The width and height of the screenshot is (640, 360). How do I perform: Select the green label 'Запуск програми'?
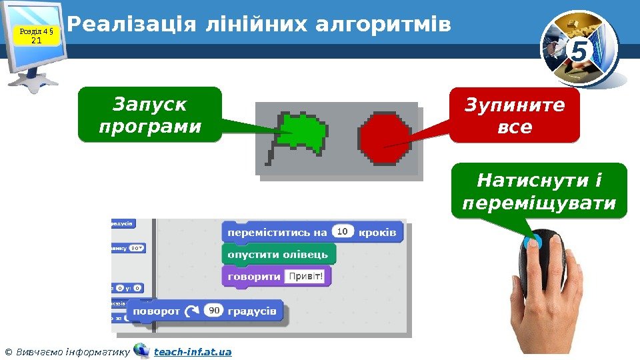click(x=149, y=115)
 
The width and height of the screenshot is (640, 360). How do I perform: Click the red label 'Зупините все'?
click(x=515, y=115)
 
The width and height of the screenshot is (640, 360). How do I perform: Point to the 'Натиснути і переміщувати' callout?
click(x=539, y=191)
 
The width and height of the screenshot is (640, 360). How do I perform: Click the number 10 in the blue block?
click(x=342, y=232)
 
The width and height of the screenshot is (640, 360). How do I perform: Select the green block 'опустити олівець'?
click(x=278, y=254)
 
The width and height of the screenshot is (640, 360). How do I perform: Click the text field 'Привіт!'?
click(x=304, y=277)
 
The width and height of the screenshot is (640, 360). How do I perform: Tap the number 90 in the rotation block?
click(x=213, y=311)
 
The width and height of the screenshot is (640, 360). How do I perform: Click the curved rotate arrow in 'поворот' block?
click(x=192, y=311)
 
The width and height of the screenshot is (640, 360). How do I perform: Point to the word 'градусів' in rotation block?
click(x=251, y=311)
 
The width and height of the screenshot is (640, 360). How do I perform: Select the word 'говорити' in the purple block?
click(x=254, y=277)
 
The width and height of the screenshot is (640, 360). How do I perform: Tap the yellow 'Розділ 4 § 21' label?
click(x=37, y=35)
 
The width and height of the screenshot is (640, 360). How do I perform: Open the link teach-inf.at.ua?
click(x=193, y=351)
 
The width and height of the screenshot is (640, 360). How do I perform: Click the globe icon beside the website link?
click(x=141, y=351)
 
